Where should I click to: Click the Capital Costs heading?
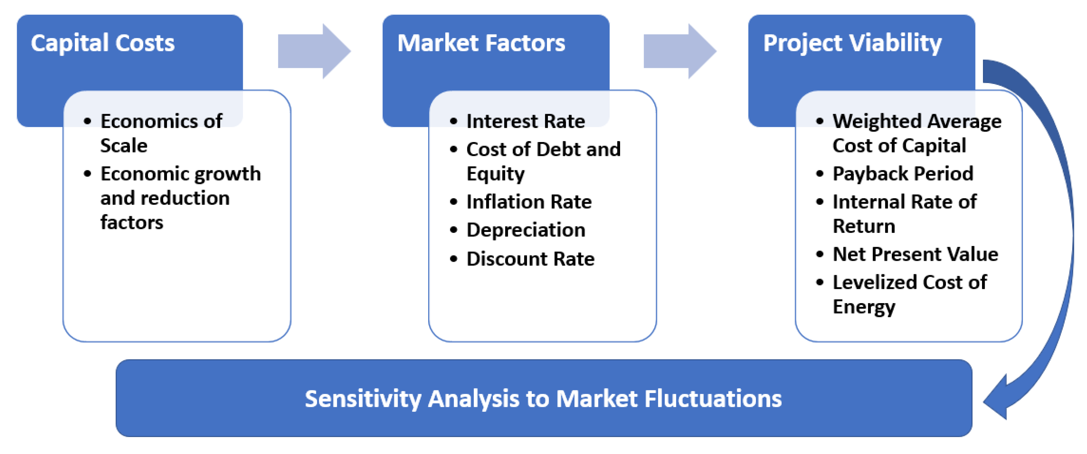(103, 43)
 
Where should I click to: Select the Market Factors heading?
(481, 43)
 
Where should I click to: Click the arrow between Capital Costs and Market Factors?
(314, 51)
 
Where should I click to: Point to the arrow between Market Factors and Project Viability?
(680, 51)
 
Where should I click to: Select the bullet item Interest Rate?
(525, 121)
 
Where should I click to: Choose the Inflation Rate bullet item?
(529, 202)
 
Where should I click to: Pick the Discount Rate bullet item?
(531, 258)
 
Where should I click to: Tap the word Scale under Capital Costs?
(124, 146)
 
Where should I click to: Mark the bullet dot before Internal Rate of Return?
(820, 202)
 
